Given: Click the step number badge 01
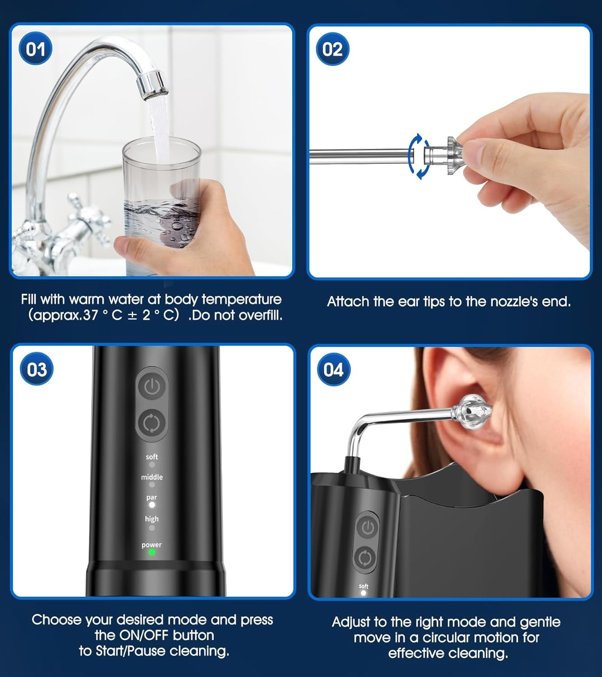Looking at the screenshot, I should pos(36,49).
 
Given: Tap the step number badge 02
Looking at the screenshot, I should pos(332,49).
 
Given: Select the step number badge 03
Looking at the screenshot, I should pos(37,369).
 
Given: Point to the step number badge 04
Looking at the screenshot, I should pos(333,370).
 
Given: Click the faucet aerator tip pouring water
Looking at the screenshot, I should pos(153,85).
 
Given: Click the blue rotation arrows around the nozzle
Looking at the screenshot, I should pos(419,156).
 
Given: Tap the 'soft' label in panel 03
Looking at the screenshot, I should pos(152,457).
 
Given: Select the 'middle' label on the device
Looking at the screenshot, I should pos(152,477).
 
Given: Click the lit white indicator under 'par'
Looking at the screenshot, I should pos(152,505).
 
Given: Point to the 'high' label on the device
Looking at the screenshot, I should pos(152,519).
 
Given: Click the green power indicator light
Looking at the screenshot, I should pos(152,552).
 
